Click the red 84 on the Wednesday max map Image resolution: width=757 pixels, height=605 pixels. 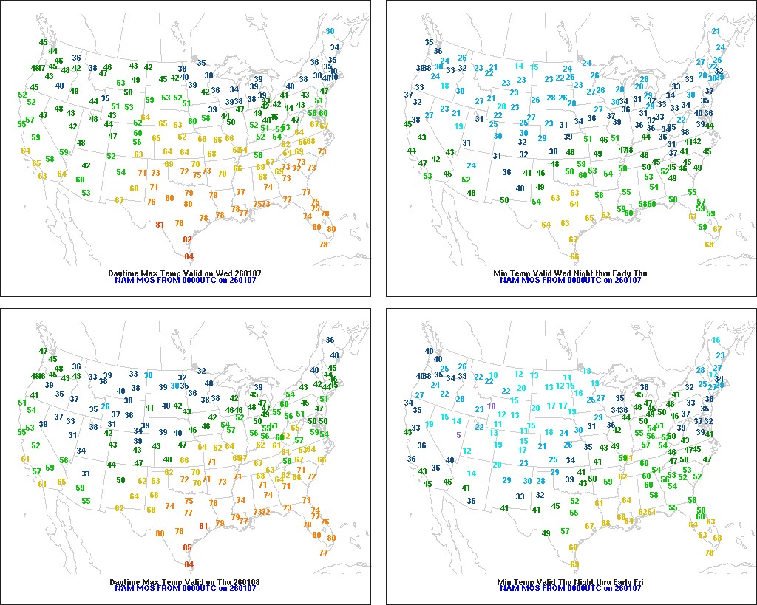189,256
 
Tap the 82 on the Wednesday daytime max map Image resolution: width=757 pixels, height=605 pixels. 188,239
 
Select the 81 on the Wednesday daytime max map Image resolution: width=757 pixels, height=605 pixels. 160,225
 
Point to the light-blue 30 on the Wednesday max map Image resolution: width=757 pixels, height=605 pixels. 330,31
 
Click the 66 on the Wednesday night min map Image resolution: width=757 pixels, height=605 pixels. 574,256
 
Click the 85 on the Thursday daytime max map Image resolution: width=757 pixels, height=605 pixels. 188,547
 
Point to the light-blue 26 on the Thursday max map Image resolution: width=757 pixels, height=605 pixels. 106,406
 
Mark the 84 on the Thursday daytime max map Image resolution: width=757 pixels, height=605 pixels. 189,564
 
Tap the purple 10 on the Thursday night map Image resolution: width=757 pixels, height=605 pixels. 491,406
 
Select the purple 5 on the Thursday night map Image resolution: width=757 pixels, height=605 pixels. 458,435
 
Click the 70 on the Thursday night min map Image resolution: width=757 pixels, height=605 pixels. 710,553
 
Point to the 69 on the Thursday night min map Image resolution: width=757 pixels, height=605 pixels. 574,565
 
